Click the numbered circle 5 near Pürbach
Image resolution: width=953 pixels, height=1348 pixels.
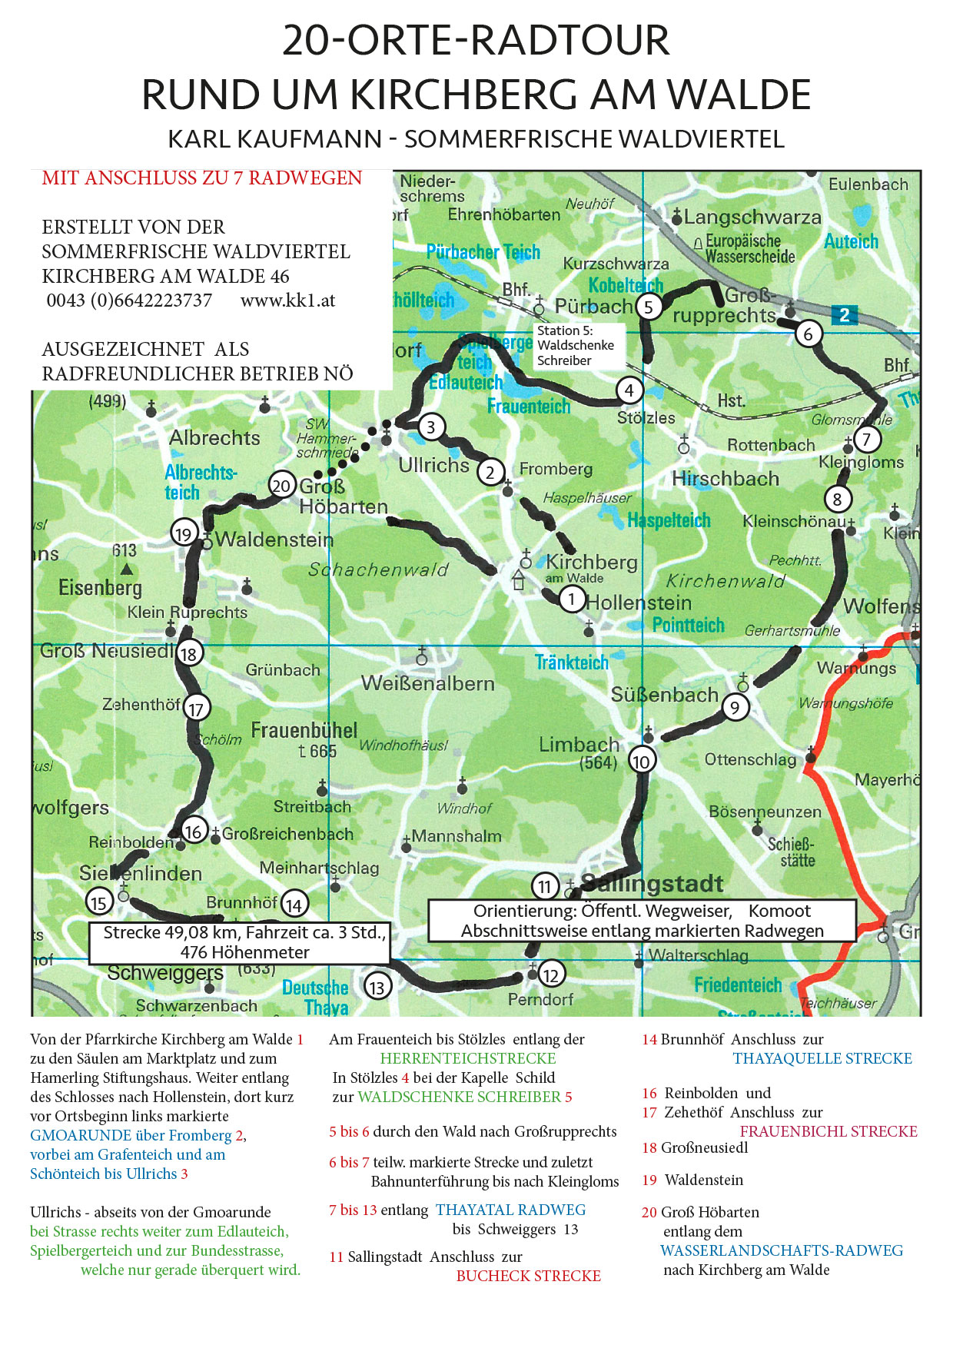649,307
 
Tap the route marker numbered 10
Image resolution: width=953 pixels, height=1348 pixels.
641,761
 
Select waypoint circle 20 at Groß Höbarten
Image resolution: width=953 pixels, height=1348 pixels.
282,485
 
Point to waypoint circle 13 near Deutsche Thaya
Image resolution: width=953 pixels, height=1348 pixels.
377,987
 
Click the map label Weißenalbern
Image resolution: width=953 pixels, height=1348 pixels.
427,683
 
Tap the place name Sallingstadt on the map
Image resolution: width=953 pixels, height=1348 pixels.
652,883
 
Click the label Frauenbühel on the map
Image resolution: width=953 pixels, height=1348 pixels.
304,729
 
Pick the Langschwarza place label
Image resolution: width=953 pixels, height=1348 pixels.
752,217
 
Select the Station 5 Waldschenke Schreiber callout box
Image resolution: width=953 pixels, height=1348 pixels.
576,345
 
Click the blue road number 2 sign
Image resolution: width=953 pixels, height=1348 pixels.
844,314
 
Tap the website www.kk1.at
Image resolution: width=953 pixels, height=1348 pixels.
287,300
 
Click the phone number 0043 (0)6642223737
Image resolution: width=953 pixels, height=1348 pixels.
129,300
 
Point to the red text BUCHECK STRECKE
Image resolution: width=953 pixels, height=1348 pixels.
528,1276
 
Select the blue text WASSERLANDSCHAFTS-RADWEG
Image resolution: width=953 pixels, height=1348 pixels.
781,1250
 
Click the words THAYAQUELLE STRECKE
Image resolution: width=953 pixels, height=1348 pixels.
822,1058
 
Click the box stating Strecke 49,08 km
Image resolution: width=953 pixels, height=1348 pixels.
244,942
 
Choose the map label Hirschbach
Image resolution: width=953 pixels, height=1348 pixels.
725,479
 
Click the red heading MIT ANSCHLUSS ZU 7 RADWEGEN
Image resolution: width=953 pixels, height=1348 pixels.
201,178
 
